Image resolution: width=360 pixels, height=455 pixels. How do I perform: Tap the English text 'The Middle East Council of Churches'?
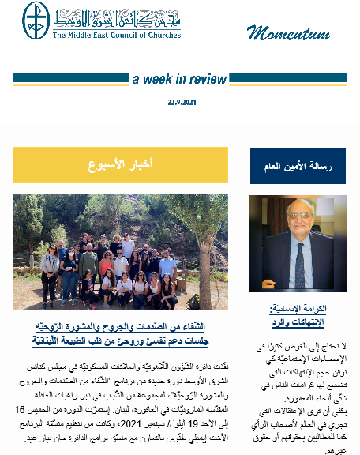(117, 36)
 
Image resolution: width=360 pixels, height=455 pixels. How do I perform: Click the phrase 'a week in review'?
(179, 79)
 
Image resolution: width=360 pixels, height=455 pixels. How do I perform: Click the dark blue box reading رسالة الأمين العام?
(298, 166)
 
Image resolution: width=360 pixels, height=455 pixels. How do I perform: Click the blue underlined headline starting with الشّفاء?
(121, 326)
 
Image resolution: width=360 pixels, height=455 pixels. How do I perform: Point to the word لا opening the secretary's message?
(343, 345)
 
